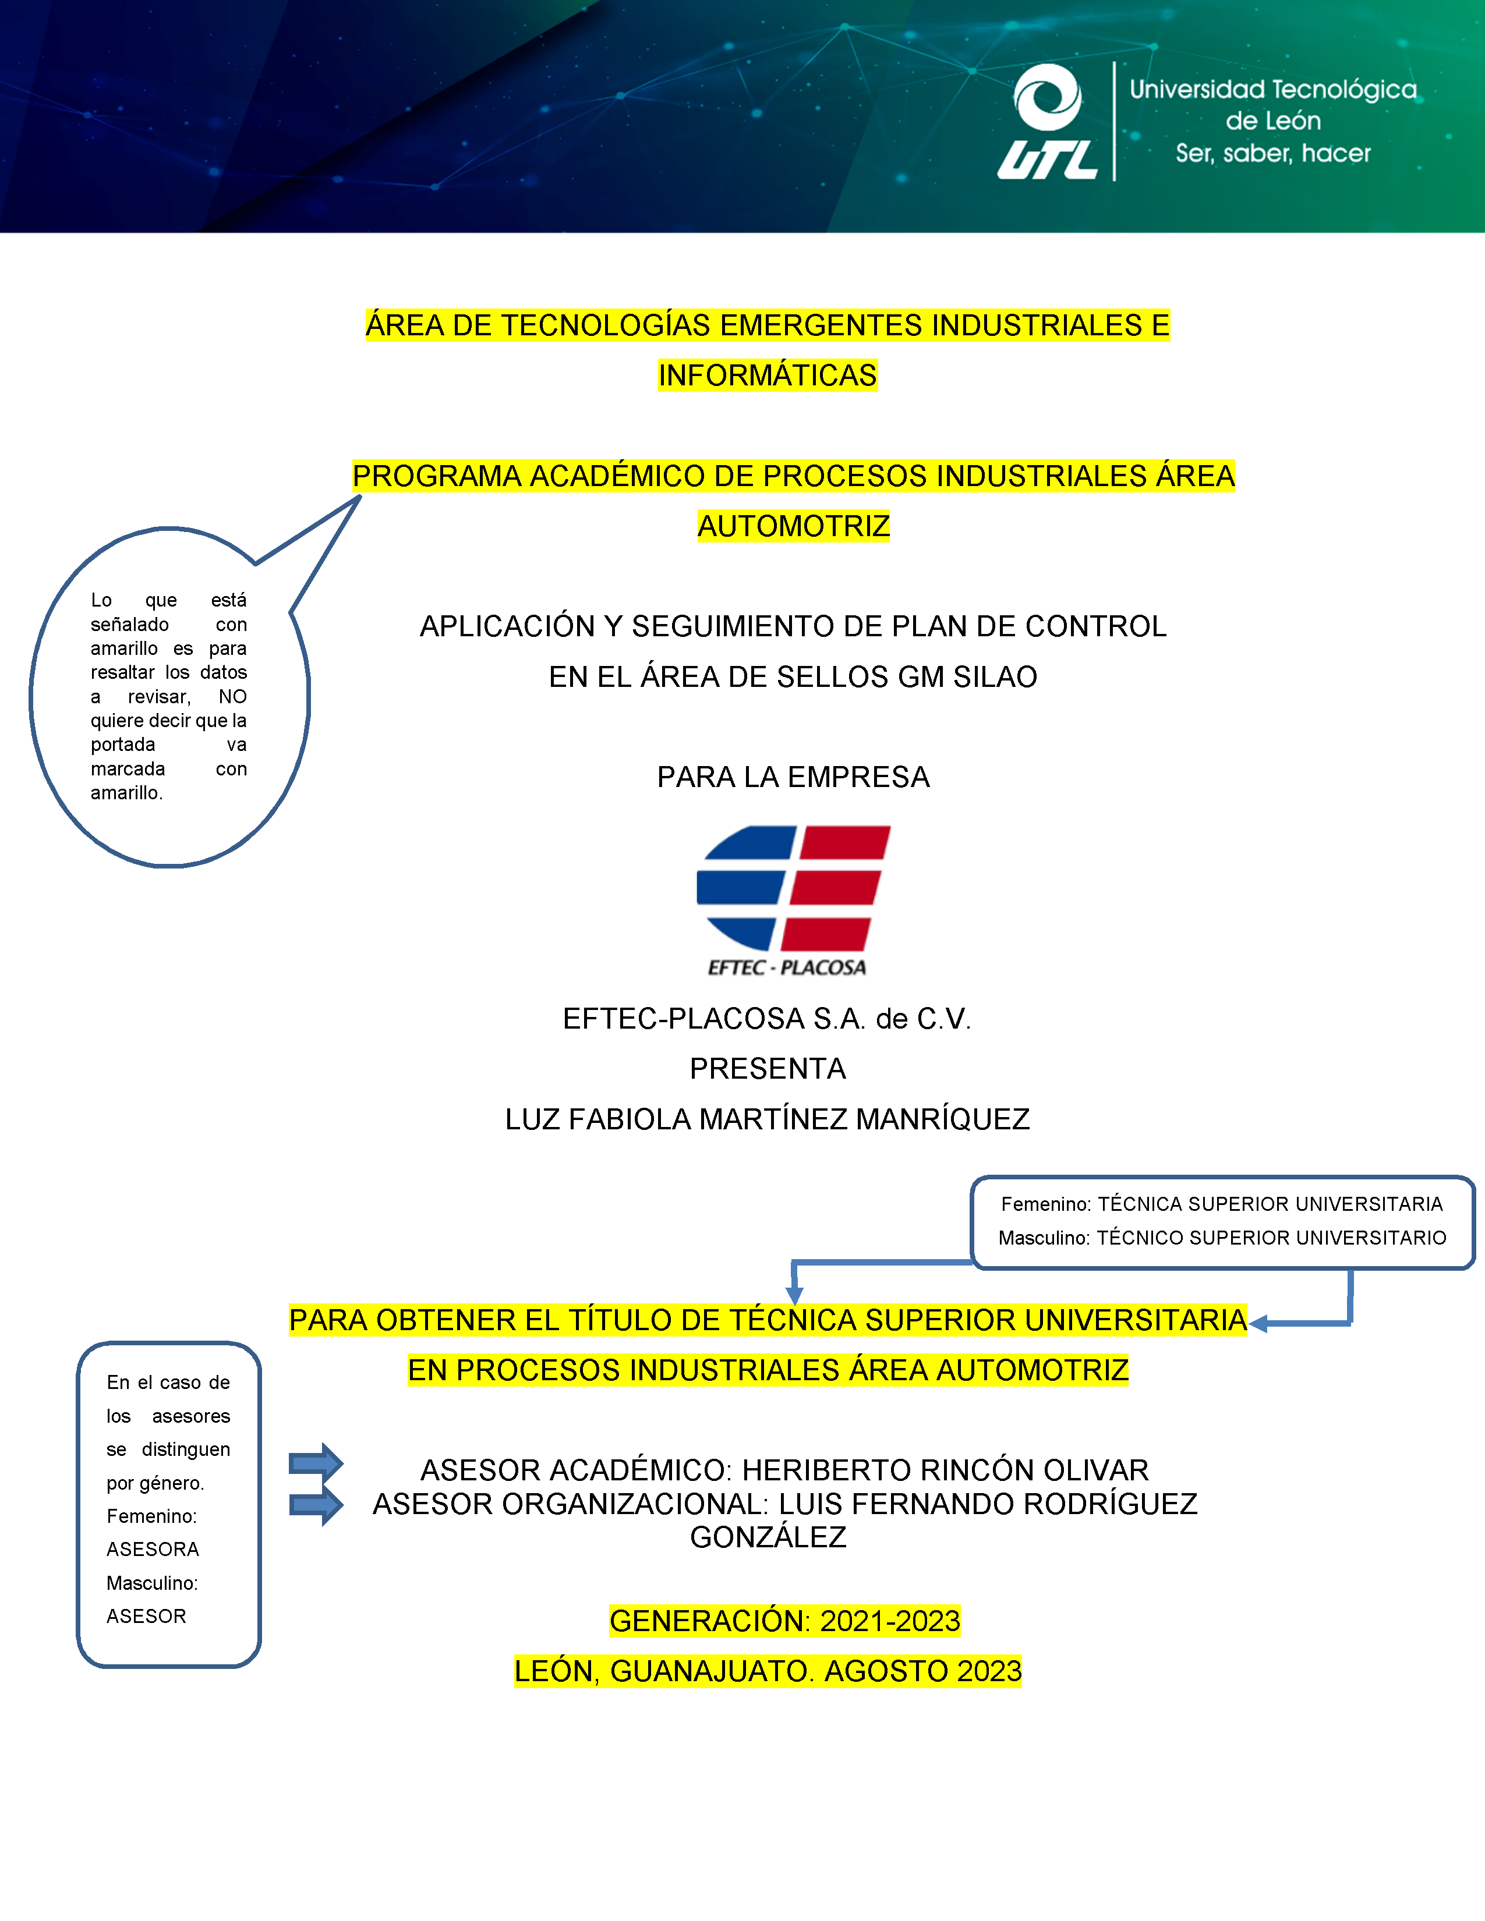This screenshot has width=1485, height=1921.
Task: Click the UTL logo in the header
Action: pyautogui.click(x=1048, y=122)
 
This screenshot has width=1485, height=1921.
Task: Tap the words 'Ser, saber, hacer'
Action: pyautogui.click(x=1273, y=154)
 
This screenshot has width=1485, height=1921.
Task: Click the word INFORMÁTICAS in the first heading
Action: pyautogui.click(x=767, y=375)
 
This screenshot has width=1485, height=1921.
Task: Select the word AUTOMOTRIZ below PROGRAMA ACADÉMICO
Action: pyautogui.click(x=794, y=526)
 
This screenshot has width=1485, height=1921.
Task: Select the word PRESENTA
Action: pyautogui.click(x=767, y=1069)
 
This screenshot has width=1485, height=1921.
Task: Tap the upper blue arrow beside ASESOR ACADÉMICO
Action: pyautogui.click(x=316, y=1463)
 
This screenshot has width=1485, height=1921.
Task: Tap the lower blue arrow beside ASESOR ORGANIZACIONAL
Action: pyautogui.click(x=316, y=1506)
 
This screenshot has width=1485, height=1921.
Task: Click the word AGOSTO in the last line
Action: pyautogui.click(x=887, y=1671)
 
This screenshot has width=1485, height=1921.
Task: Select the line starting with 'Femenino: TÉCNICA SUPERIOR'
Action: pyautogui.click(x=1222, y=1204)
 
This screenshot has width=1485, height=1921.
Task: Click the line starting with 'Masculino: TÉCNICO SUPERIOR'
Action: pyautogui.click(x=1222, y=1238)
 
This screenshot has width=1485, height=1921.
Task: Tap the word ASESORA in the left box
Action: pyautogui.click(x=153, y=1550)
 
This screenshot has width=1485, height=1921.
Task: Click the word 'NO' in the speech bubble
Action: pyautogui.click(x=232, y=697)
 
